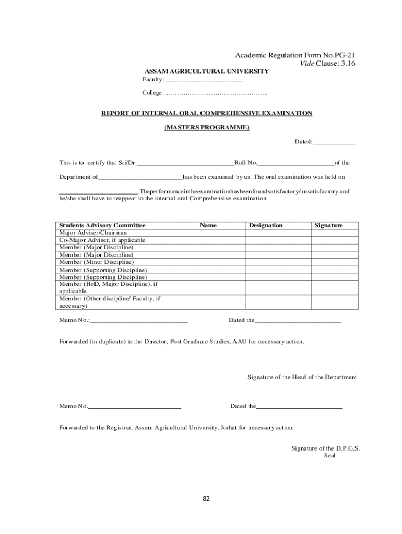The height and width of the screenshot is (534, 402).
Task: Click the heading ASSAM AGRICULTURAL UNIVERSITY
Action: [207, 71]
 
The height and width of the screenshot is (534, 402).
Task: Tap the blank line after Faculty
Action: [204, 80]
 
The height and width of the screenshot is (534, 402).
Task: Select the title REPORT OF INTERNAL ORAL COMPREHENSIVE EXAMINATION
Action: [207, 113]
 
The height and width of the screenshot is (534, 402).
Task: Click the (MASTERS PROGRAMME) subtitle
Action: [207, 128]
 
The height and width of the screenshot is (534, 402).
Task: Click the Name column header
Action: [208, 225]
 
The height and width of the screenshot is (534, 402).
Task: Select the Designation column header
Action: [266, 225]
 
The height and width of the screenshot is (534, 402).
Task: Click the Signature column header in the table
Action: [328, 225]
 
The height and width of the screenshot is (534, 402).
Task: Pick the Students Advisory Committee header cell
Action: [102, 225]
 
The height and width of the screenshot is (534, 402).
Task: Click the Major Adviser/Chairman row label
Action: [93, 233]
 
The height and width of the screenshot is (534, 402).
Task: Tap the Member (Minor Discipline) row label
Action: [96, 262]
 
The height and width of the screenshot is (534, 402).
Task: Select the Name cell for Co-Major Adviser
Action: [207, 240]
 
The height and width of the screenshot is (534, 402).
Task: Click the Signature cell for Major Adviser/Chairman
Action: [335, 233]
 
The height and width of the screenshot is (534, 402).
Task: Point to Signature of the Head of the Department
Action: [302, 377]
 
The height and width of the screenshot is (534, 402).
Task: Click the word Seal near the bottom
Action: [329, 455]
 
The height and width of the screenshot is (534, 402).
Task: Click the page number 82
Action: [206, 499]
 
